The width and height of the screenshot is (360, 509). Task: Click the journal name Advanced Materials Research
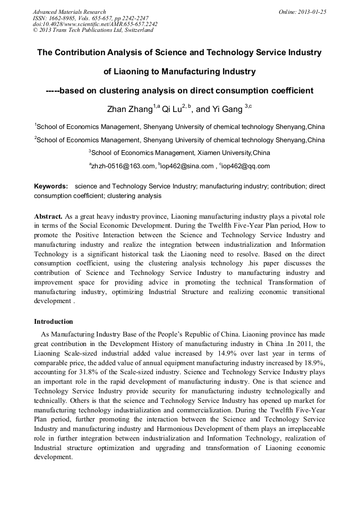coord(69,12)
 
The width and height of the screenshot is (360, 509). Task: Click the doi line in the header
coord(95,24)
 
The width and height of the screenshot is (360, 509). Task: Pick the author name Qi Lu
coord(172,110)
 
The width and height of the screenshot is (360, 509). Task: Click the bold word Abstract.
coord(48,217)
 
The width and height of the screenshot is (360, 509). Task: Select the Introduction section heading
coord(54,322)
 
